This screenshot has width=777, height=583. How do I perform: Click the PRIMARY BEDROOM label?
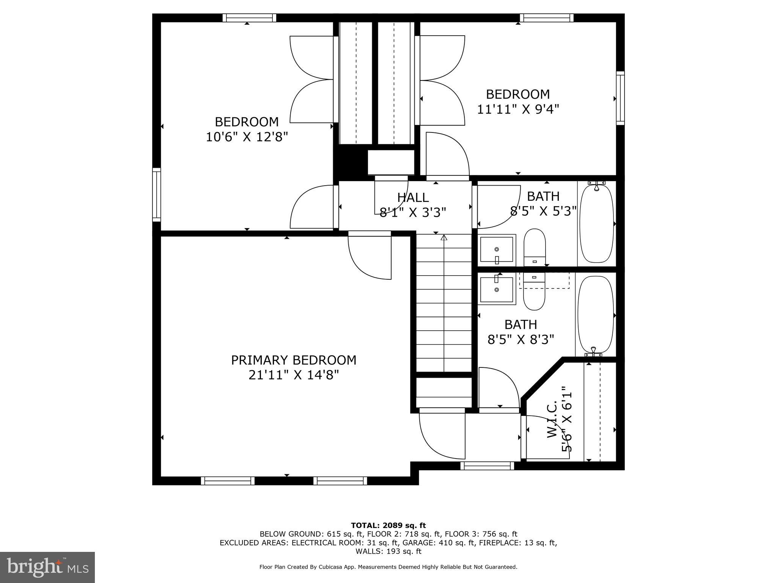coord(294,360)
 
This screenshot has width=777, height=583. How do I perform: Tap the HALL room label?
coord(413,197)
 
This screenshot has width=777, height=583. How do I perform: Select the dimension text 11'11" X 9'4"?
coord(518,109)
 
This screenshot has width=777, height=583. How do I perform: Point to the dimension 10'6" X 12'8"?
coord(247,137)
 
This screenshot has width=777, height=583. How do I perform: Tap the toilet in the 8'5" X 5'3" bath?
coord(535,248)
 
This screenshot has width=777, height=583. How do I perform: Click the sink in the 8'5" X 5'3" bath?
coord(497,250)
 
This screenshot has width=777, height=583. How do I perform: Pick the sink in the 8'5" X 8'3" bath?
coord(497,290)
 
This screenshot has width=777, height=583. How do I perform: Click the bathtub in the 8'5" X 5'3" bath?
coord(596,224)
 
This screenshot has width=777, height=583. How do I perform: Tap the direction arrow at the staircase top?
coord(444,238)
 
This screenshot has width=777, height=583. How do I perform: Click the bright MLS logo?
coord(47,567)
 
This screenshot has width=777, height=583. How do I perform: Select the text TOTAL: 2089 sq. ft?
coord(388,525)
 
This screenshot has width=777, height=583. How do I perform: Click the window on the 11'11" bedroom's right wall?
coord(620,98)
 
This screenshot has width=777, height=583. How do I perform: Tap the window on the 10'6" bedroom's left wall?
coord(157,194)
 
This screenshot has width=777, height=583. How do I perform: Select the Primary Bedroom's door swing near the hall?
coord(370,258)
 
